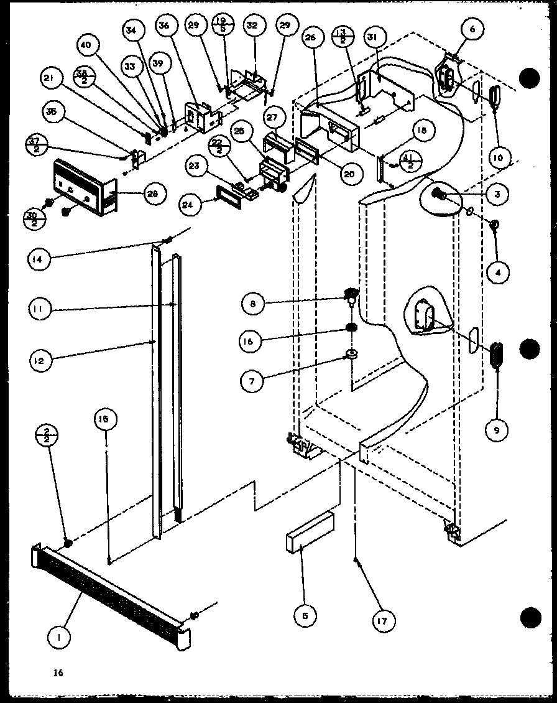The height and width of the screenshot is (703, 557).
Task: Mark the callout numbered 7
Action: point(252,380)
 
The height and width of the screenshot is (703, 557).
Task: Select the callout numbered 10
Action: point(497,157)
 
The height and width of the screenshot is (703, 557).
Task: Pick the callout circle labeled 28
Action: point(151,193)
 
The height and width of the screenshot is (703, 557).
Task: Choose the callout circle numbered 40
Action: point(90,45)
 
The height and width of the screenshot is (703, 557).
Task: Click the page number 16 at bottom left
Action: point(58,673)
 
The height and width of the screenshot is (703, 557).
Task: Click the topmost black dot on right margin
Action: point(530,78)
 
